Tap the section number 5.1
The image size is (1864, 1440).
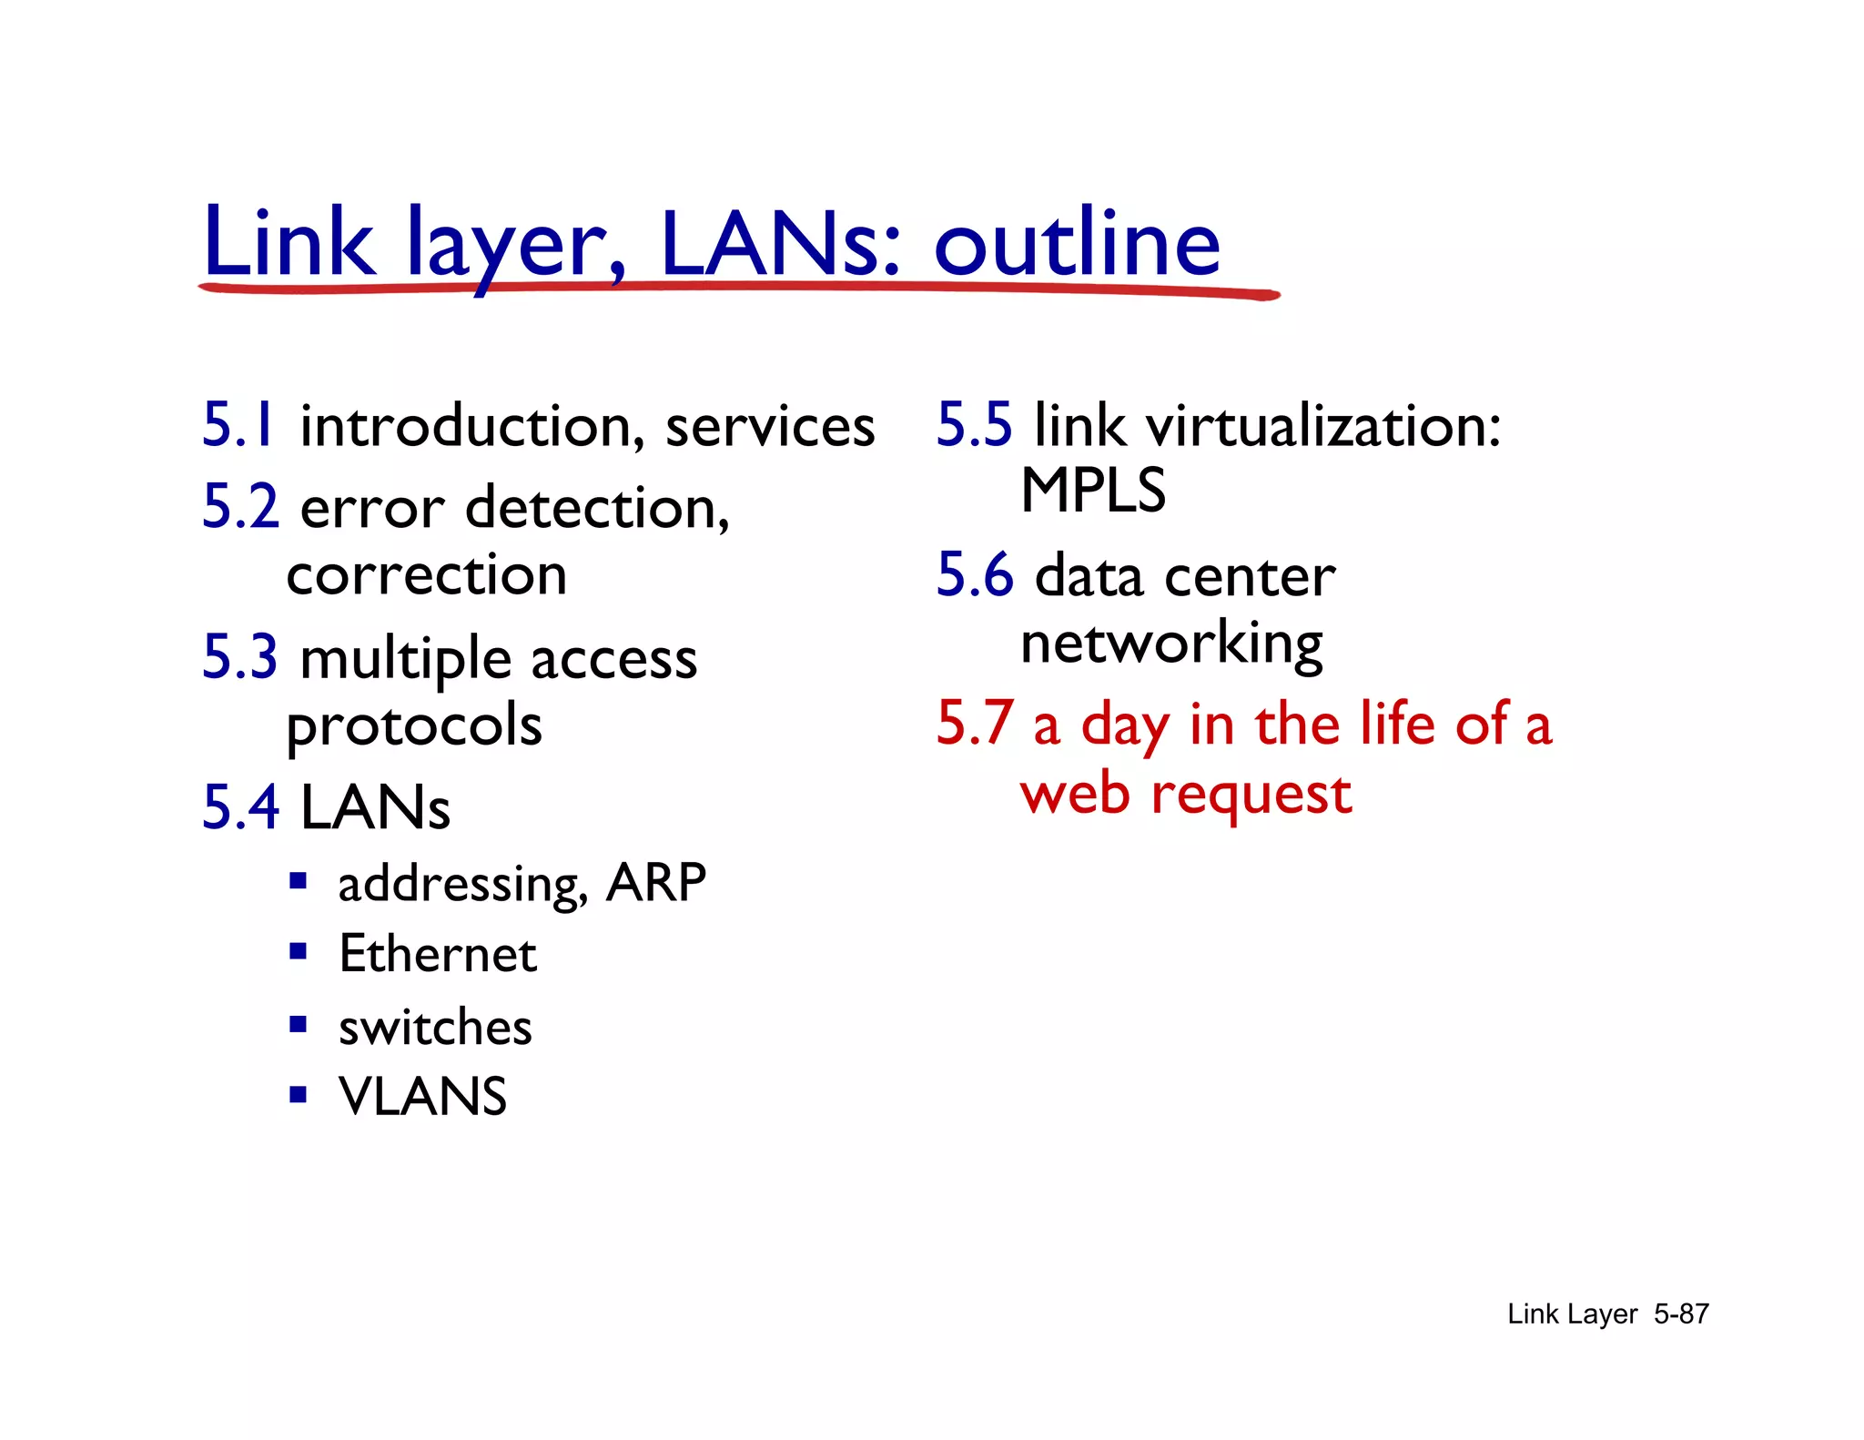(238, 425)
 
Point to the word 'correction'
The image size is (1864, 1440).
(426, 575)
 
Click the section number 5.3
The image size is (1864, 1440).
(239, 656)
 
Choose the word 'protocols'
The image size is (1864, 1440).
(414, 726)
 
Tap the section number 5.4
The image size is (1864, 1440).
(240, 807)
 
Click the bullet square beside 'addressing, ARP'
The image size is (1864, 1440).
(298, 881)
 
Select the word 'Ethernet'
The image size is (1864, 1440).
(438, 954)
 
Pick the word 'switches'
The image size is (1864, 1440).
(435, 1028)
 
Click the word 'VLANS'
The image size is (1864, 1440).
(422, 1096)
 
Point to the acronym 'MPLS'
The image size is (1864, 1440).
(1092, 491)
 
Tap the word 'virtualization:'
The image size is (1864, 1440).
(1322, 426)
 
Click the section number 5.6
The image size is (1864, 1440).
(974, 575)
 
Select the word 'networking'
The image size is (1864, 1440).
(1171, 644)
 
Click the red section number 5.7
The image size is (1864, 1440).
(974, 724)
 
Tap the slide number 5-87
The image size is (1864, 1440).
(1681, 1313)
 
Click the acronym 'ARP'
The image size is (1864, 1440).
(656, 882)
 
